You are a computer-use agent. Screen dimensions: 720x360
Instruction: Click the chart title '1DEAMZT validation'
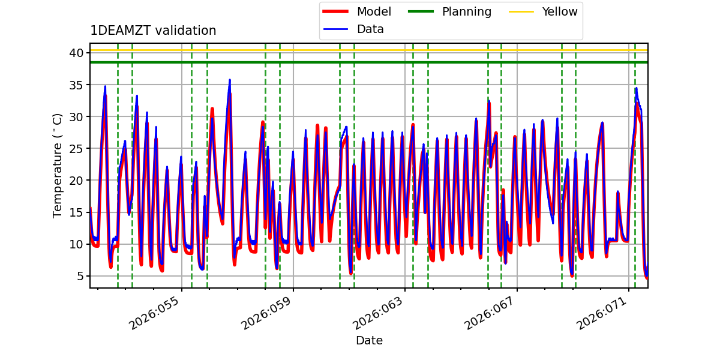pyautogui.click(x=153, y=31)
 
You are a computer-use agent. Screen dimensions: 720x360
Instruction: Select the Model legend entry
pyautogui.click(x=357, y=11)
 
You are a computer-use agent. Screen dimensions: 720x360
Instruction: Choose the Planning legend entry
pyautogui.click(x=449, y=11)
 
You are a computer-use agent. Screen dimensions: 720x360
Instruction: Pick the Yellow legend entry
pyautogui.click(x=543, y=11)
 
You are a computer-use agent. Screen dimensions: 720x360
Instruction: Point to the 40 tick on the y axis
pyautogui.click(x=76, y=53)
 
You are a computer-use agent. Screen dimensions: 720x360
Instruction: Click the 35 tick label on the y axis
pyautogui.click(x=76, y=85)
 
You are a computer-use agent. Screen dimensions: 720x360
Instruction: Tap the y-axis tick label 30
pyautogui.click(x=76, y=116)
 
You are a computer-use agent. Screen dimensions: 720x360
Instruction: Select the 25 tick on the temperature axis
pyautogui.click(x=76, y=149)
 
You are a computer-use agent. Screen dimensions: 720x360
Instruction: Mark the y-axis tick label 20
pyautogui.click(x=76, y=181)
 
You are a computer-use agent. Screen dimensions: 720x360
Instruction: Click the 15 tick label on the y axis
pyautogui.click(x=76, y=212)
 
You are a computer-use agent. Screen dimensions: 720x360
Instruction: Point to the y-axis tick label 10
pyautogui.click(x=76, y=244)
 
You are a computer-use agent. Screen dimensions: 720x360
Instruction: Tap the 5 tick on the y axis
pyautogui.click(x=80, y=276)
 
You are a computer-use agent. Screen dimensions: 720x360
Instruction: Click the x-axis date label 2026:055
pyautogui.click(x=154, y=313)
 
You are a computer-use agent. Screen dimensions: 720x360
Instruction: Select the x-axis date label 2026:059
pyautogui.click(x=266, y=313)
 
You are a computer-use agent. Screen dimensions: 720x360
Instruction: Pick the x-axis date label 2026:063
pyautogui.click(x=377, y=313)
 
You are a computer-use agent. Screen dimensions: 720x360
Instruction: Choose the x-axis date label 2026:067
pyautogui.click(x=490, y=313)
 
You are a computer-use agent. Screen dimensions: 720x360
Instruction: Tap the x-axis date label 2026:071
pyautogui.click(x=602, y=313)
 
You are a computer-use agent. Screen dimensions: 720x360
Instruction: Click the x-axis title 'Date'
pyautogui.click(x=369, y=340)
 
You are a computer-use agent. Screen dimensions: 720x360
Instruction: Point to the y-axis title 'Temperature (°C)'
pyautogui.click(x=57, y=166)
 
